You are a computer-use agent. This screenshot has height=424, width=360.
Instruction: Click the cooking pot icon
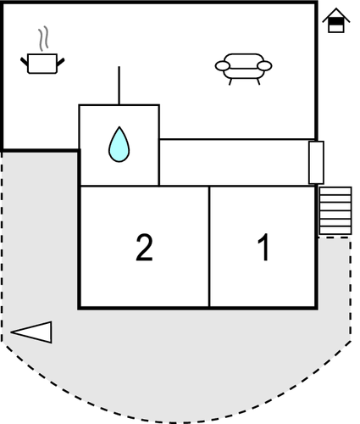pos(42,64)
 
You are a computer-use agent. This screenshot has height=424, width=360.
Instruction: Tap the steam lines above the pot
pos(43,38)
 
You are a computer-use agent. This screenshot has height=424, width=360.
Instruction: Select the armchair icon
pos(243,69)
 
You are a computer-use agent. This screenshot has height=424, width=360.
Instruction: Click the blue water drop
pos(119,144)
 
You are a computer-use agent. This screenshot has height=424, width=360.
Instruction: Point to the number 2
pos(144,248)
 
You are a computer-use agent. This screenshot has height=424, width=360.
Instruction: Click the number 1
pos(263,248)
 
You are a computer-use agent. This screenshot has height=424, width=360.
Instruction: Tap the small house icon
pos(336,20)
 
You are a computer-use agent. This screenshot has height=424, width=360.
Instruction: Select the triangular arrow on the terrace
pos(31,332)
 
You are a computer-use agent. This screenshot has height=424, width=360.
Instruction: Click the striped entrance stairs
pos(335,211)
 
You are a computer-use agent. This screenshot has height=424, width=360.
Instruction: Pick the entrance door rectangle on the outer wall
pos(316,163)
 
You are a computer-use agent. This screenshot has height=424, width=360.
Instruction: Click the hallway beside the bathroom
pos(234,163)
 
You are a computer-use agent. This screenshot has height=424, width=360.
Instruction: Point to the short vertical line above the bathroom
pos(119,86)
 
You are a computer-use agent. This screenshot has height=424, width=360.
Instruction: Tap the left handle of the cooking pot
pos(25,62)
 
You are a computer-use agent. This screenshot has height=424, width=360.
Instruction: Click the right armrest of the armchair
pos(264,66)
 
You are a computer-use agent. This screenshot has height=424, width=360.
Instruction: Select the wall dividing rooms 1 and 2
pos(209,247)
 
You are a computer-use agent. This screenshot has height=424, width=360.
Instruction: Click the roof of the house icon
pos(336,14)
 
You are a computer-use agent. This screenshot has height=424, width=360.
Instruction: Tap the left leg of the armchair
pos(230,81)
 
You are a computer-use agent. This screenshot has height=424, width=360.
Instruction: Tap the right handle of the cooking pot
pos(61,62)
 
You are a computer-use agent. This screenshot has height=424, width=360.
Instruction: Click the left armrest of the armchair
pos(223,66)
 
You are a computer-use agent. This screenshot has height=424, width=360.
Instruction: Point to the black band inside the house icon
pos(336,22)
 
